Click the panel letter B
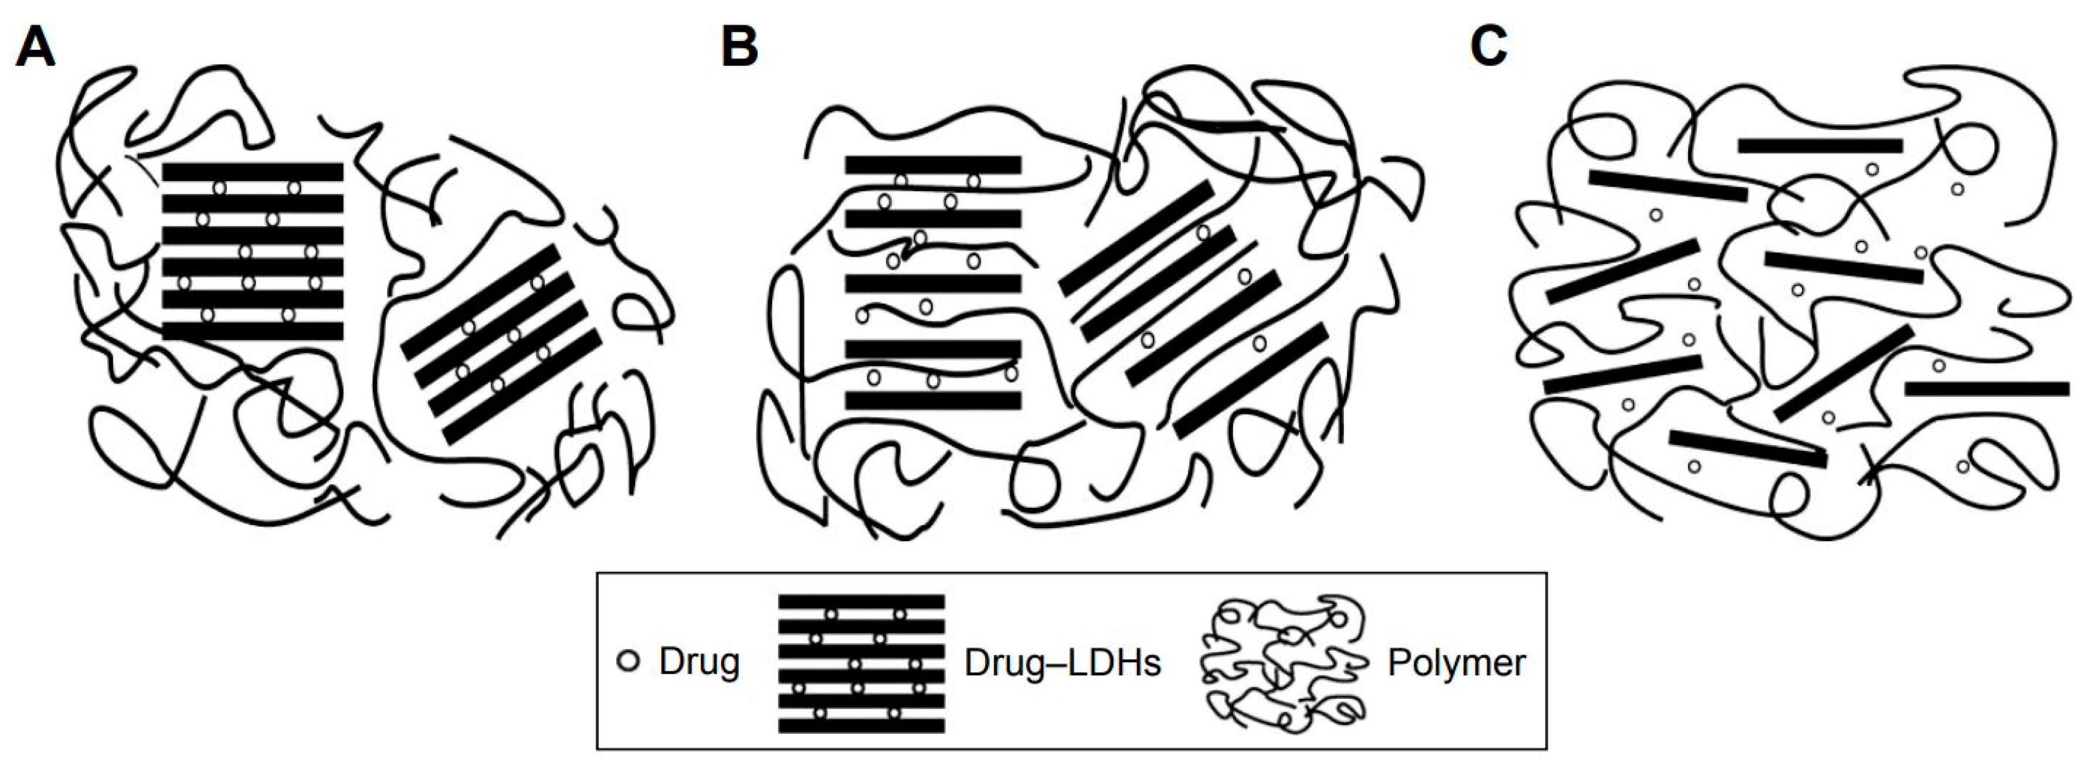click(739, 47)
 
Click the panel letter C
click(1488, 47)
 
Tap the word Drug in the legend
click(699, 662)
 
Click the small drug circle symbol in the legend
click(628, 661)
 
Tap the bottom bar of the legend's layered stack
click(861, 725)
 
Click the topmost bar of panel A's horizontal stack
click(253, 172)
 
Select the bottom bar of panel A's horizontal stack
click(253, 331)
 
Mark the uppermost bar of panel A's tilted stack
click(481, 301)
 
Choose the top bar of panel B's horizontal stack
click(933, 165)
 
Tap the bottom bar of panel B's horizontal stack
click(933, 400)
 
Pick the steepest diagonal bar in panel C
click(1845, 373)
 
